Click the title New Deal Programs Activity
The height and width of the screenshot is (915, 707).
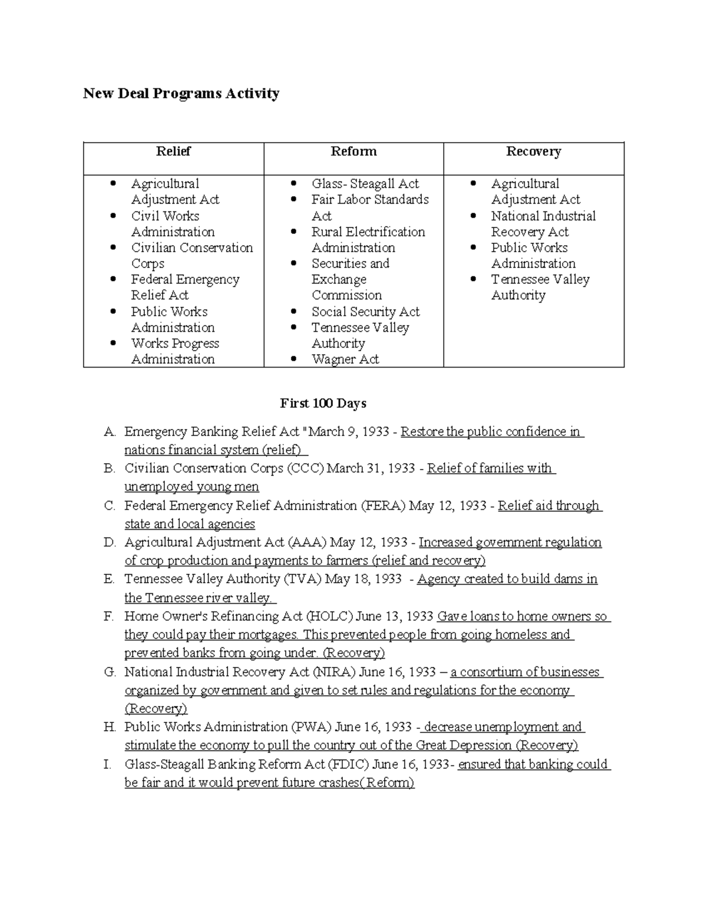point(181,94)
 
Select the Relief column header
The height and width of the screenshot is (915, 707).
point(173,151)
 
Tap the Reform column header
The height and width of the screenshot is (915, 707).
point(353,151)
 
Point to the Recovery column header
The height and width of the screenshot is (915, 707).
point(533,151)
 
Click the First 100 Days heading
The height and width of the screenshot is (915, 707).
point(323,404)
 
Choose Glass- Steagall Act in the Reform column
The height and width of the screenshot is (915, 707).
point(365,184)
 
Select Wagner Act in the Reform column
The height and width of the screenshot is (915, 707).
point(345,359)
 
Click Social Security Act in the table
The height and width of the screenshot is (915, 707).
point(365,312)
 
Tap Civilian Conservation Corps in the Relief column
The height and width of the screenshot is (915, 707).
point(191,256)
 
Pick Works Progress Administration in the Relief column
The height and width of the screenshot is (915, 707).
point(174,351)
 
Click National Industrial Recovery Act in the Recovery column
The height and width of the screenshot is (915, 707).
point(543,224)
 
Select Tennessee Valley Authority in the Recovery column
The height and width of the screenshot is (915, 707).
point(540,288)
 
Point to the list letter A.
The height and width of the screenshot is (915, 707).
point(109,432)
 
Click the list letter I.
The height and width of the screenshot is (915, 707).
point(107,765)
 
